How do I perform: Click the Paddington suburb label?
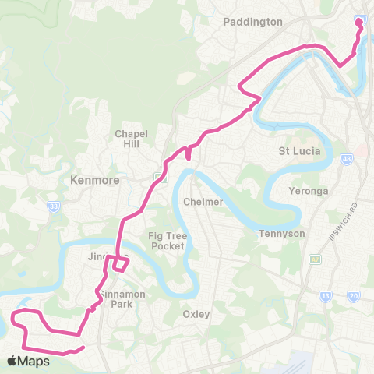(252, 22)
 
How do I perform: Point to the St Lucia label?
(300, 150)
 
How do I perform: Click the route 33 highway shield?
(53, 206)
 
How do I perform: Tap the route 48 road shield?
(346, 161)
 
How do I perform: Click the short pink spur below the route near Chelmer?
(188, 153)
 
